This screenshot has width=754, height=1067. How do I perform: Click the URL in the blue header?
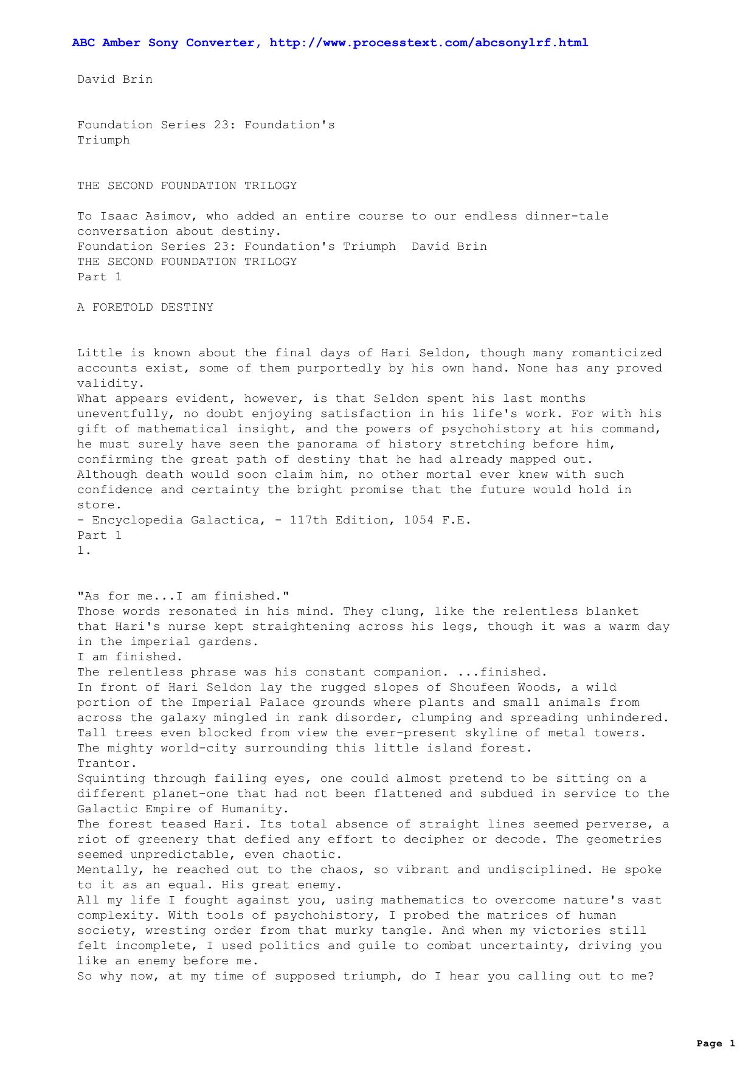(429, 43)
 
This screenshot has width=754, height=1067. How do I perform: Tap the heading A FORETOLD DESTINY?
(145, 308)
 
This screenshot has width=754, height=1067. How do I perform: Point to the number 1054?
(419, 520)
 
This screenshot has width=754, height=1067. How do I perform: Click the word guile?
(362, 946)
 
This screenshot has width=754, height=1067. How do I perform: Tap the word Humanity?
(252, 809)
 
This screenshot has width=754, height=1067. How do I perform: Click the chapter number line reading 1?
(84, 551)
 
